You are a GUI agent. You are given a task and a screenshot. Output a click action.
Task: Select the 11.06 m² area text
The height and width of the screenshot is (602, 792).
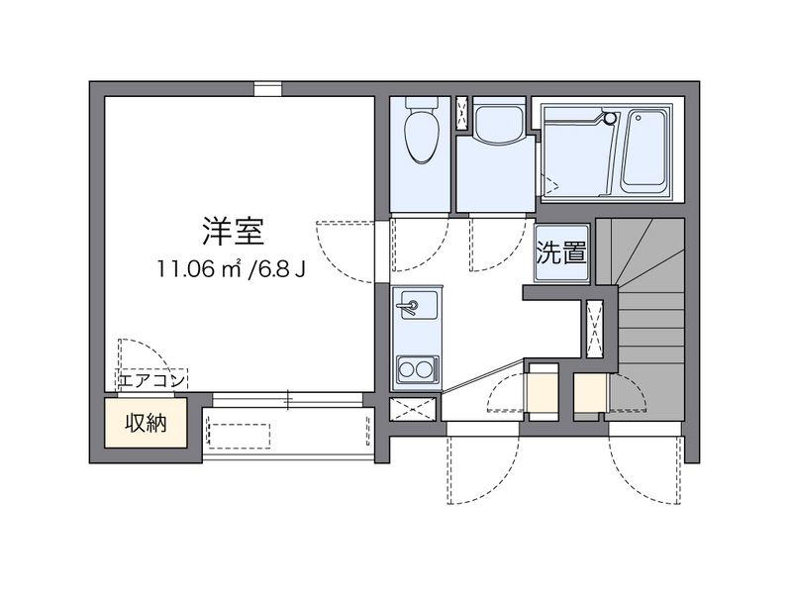[198, 268]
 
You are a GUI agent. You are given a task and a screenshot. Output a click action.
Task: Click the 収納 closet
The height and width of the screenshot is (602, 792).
[146, 424]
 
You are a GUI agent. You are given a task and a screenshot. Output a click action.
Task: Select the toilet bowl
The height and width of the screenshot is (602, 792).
[422, 134]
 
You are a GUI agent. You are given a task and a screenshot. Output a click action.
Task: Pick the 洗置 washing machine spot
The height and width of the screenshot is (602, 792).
[560, 252]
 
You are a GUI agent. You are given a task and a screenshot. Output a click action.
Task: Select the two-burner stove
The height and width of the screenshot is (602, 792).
[416, 371]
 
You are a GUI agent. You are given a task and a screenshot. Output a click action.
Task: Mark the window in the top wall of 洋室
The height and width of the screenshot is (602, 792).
[266, 89]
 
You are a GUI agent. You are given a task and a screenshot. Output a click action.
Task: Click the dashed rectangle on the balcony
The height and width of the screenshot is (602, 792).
[238, 436]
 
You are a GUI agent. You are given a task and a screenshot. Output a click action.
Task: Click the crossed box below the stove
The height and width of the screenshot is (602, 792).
[413, 409]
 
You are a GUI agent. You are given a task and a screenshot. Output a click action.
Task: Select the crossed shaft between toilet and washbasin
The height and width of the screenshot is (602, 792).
[462, 113]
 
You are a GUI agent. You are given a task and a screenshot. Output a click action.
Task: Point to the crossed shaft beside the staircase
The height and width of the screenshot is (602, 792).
[595, 327]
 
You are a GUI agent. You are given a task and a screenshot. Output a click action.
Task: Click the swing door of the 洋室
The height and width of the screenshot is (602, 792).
[346, 248]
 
